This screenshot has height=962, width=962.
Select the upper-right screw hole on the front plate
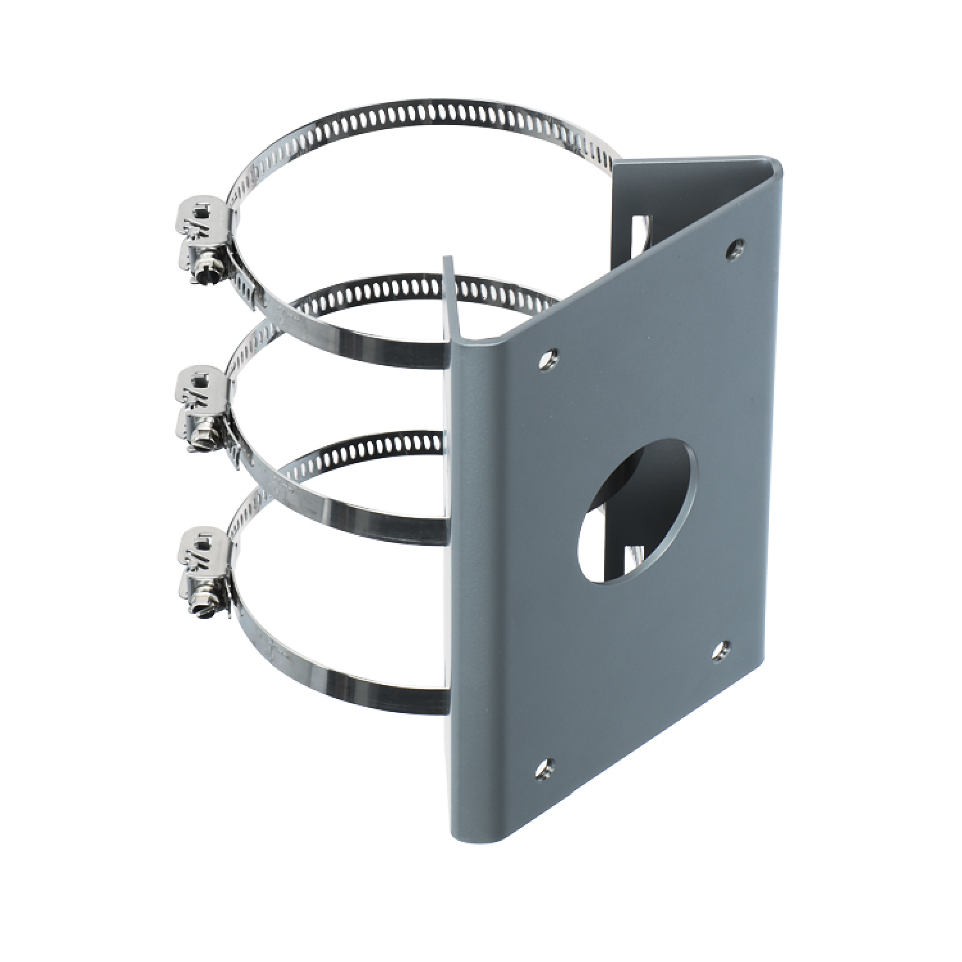735,248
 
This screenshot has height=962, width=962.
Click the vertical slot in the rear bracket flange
640,237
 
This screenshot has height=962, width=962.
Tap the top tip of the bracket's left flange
447,259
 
